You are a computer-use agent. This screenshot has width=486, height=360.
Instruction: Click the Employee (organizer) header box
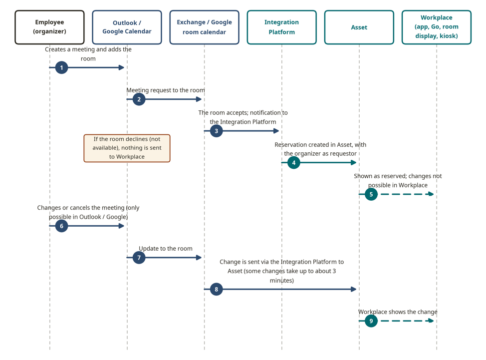point(49,27)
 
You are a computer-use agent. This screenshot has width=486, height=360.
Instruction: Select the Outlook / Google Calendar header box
point(127,27)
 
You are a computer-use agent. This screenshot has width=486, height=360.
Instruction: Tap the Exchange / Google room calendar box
point(204,27)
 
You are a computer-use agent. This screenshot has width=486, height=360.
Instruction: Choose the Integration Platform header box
point(282,27)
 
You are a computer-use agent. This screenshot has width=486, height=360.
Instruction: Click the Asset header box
point(359,27)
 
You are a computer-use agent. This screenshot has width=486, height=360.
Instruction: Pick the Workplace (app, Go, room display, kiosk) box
point(437,27)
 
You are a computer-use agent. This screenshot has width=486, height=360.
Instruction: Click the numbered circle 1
point(62,67)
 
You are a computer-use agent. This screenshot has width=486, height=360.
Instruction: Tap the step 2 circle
point(139,99)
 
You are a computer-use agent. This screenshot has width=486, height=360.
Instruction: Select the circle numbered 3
point(217,131)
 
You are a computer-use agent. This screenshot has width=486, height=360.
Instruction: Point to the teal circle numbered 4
point(294,162)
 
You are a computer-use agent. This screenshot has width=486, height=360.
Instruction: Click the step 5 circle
point(371,194)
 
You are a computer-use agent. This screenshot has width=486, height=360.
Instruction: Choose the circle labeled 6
point(62,226)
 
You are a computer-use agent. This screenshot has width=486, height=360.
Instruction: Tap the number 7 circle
point(139,258)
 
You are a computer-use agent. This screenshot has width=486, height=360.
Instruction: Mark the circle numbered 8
point(217,289)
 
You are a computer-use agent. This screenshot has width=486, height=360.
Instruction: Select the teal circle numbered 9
point(371,321)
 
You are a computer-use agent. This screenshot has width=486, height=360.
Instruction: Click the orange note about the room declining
point(127,148)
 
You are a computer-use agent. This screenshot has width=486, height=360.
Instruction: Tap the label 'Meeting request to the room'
point(166,90)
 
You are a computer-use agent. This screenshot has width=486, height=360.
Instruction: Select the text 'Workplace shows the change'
point(398,312)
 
